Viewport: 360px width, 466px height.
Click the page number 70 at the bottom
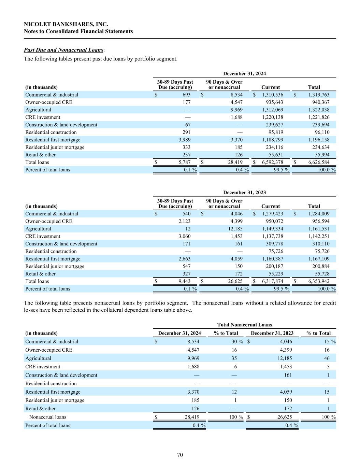[180, 455]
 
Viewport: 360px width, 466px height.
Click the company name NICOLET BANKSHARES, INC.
[66, 24]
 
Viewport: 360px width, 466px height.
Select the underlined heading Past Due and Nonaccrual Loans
[63, 50]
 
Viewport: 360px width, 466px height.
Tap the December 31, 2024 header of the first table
[244, 73]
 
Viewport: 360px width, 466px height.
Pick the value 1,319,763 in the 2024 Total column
[319, 95]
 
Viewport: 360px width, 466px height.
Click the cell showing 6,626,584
[319, 163]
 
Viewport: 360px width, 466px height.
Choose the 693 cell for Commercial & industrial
[186, 95]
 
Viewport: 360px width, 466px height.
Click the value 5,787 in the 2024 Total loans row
[184, 163]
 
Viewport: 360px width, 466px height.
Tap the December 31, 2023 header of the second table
[244, 193]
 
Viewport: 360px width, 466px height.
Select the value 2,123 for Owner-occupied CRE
[184, 221]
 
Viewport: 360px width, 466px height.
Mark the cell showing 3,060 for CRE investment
[184, 236]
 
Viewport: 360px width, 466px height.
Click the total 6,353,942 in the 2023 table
[319, 281]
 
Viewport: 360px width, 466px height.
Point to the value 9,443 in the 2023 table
[184, 281]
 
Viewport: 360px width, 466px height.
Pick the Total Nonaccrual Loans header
[244, 325]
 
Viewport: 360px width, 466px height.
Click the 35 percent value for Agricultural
[235, 358]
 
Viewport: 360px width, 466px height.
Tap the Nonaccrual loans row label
[48, 417]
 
